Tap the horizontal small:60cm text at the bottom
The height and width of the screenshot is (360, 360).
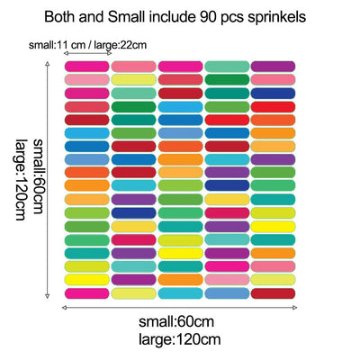(176, 323)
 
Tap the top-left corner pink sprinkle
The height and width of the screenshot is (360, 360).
(86, 67)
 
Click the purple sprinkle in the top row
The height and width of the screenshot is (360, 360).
(272, 67)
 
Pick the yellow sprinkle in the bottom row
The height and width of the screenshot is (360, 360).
(133, 293)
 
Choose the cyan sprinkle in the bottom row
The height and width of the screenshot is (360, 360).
(179, 293)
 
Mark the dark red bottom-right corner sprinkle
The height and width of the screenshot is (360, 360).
(272, 293)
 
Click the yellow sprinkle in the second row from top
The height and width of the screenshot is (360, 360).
(133, 80)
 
